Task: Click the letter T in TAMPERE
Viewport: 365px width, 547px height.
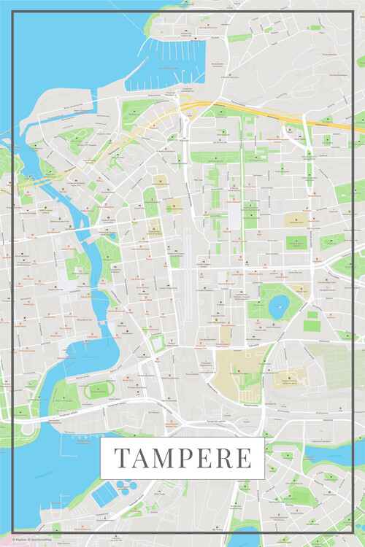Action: (122, 459)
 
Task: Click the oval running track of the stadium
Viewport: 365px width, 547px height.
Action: (98, 390)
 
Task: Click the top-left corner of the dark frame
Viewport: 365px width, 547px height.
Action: (15, 14)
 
